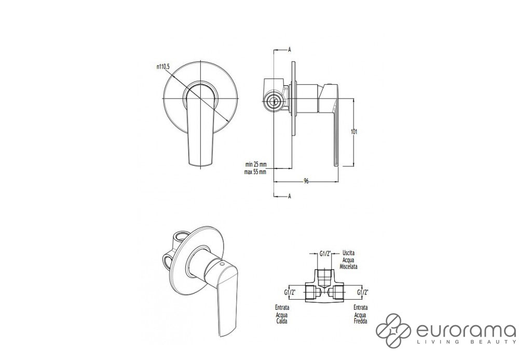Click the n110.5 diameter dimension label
[x=163, y=67]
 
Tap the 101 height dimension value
[x=354, y=132]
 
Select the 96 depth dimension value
[x=306, y=181]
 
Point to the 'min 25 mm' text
[x=255, y=164]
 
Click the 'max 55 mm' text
[x=255, y=172]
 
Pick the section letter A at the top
[x=290, y=50]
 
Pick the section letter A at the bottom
[x=290, y=196]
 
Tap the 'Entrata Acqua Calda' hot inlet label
[x=282, y=314]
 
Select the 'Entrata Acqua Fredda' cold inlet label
[x=360, y=314]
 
